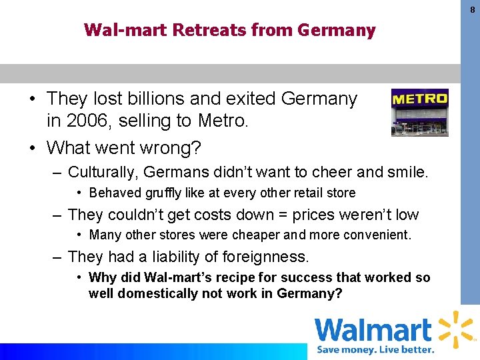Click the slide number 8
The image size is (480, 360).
tap(472, 9)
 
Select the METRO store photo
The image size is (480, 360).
tap(419, 112)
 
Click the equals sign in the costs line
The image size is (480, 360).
tap(284, 215)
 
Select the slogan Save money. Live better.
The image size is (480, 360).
tap(375, 349)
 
